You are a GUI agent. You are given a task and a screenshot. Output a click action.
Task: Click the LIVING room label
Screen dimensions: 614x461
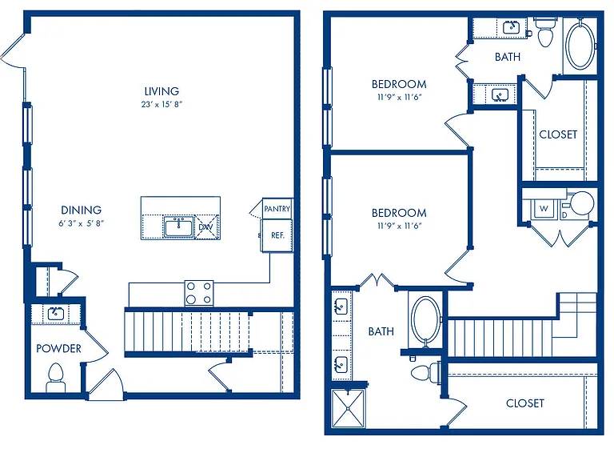[161, 91]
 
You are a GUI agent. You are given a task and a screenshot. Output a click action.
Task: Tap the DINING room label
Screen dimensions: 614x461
[81, 210]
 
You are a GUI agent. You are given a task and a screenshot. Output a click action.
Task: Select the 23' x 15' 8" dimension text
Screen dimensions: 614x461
[161, 104]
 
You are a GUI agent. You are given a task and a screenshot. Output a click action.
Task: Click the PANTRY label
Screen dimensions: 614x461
[277, 209]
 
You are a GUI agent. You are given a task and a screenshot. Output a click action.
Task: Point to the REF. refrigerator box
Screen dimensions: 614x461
[277, 235]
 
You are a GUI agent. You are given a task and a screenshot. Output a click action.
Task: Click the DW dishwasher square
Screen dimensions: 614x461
[205, 226]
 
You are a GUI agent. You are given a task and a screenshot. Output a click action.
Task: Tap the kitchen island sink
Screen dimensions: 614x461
[179, 227]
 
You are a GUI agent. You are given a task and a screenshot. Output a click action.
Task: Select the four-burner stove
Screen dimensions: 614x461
[199, 293]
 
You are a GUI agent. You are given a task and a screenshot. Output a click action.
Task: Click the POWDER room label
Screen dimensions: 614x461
[58, 348]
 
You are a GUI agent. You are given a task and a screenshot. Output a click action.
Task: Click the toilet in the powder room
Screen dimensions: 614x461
[56, 379]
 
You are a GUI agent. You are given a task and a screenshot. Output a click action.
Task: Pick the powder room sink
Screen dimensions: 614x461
[56, 314]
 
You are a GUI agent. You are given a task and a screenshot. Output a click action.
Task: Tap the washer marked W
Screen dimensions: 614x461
[544, 209]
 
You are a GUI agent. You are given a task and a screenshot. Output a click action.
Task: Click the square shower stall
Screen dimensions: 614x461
[348, 408]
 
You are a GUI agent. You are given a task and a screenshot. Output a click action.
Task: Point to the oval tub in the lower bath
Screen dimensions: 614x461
[425, 319]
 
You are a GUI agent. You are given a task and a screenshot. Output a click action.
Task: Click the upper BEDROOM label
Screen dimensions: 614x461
[399, 84]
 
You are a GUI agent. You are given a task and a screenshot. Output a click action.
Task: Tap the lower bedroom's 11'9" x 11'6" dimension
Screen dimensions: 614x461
[399, 226]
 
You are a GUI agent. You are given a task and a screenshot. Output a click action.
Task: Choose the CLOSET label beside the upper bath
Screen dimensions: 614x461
[558, 134]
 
